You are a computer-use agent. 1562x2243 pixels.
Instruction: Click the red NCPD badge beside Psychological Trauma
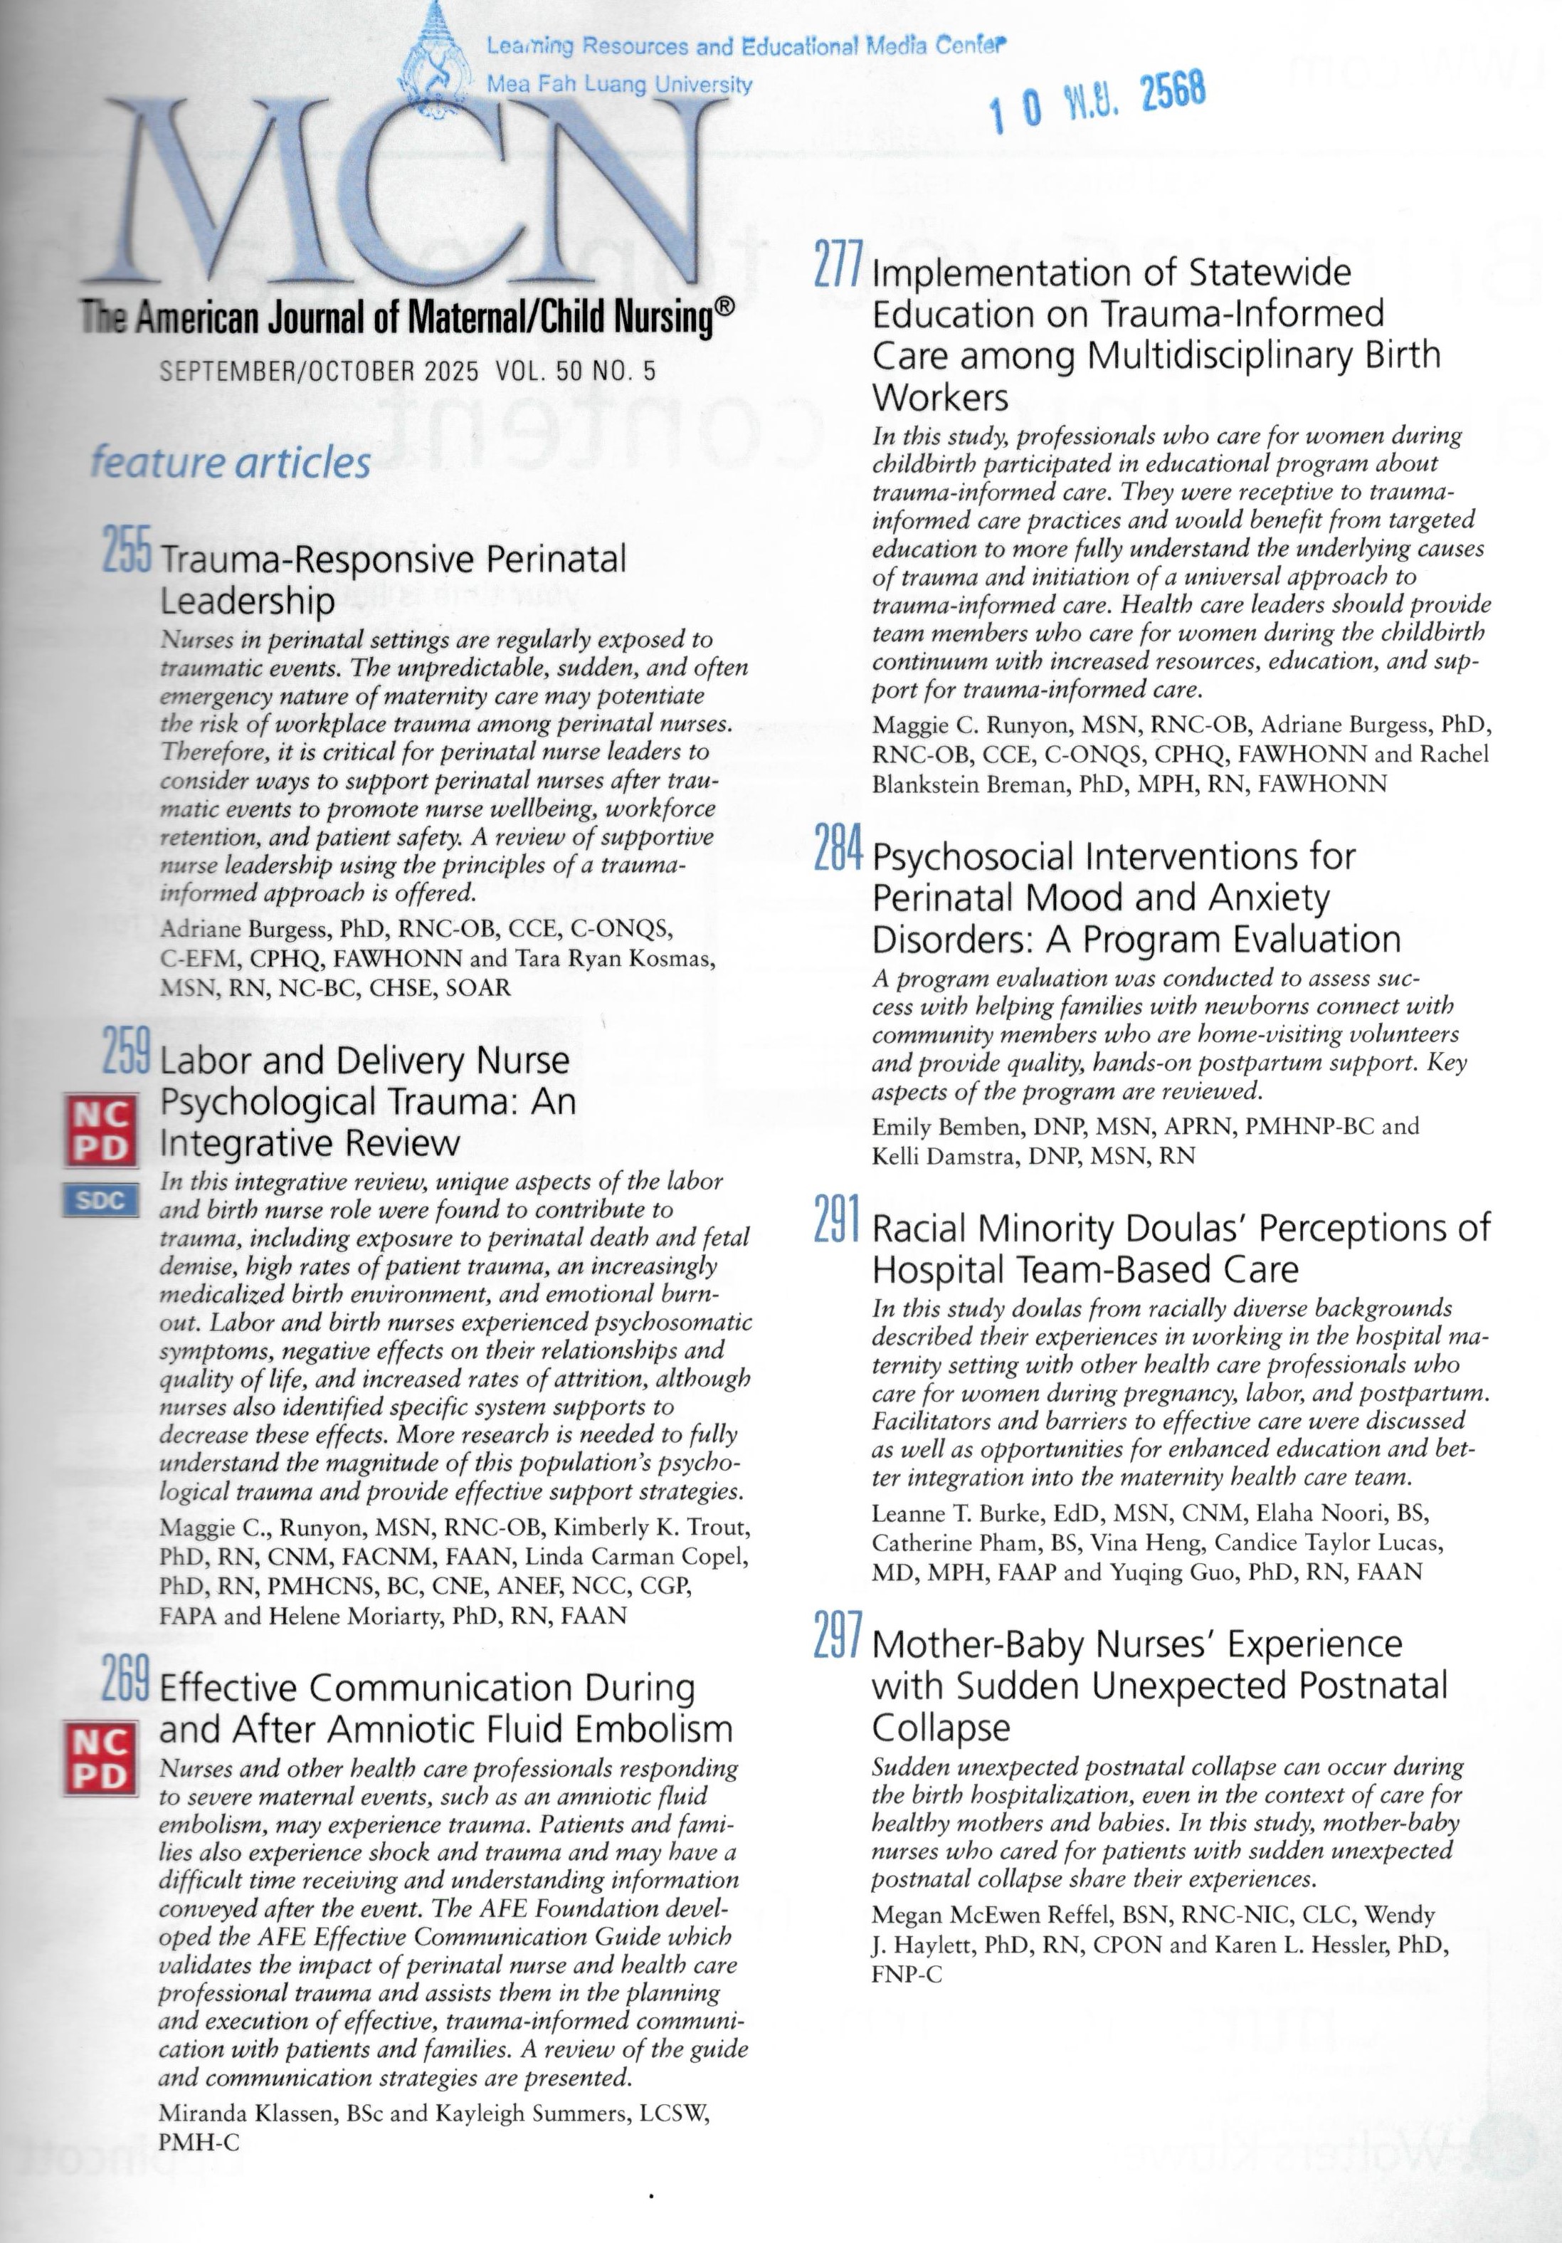point(100,1131)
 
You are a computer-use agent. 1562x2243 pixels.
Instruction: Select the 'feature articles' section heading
point(230,462)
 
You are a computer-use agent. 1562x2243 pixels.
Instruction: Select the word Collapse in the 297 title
point(941,1728)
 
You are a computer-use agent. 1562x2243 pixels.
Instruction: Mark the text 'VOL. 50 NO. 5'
point(576,372)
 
